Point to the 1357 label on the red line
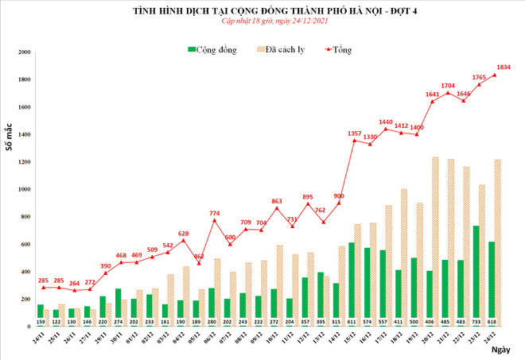[x=355, y=133]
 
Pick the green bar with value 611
[x=352, y=284]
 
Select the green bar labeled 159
[x=40, y=315]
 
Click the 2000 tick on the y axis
[x=24, y=52]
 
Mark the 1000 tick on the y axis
[x=24, y=189]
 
